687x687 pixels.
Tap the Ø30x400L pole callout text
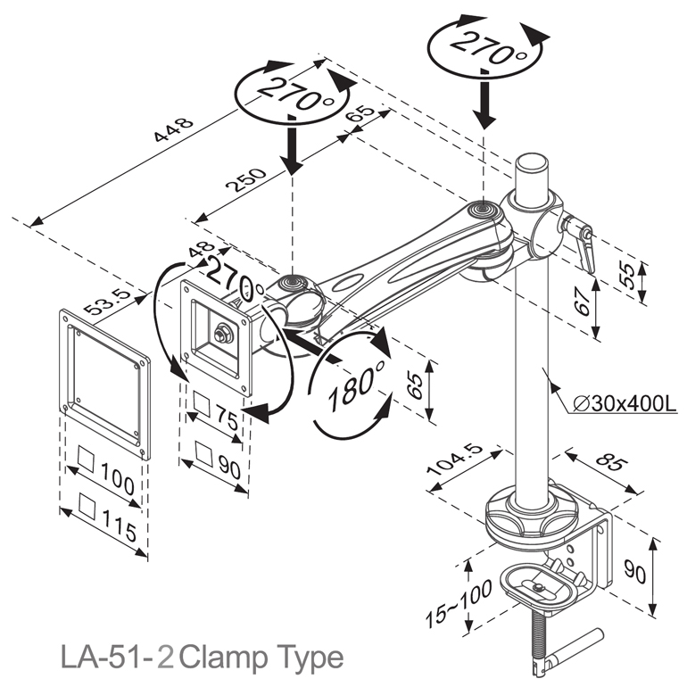click(x=623, y=403)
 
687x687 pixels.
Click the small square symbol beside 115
click(x=87, y=506)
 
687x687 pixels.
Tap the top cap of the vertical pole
click(x=532, y=164)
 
